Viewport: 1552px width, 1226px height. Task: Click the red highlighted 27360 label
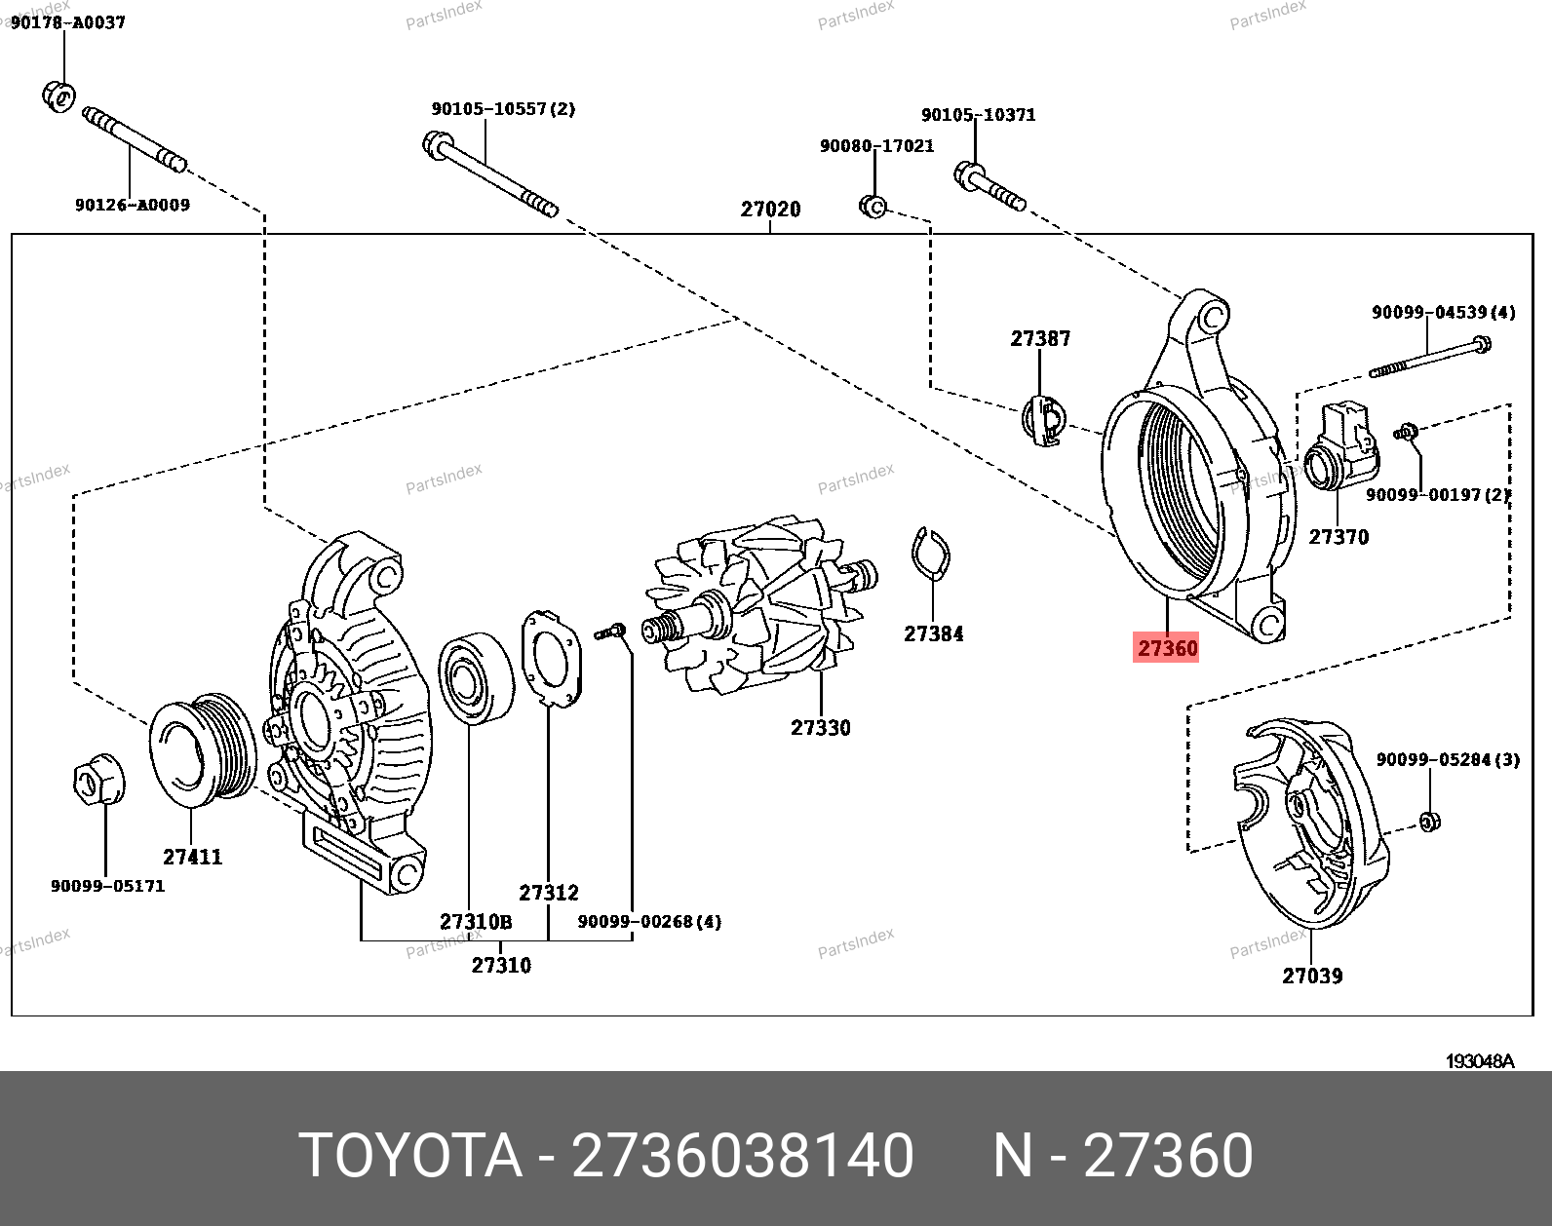point(1166,648)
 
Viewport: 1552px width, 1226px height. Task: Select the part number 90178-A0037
point(68,22)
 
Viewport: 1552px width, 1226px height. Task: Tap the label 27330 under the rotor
point(820,728)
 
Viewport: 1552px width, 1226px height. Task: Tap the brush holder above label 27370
point(1341,448)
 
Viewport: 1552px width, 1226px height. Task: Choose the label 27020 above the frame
point(770,210)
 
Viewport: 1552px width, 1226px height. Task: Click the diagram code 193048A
point(1479,1061)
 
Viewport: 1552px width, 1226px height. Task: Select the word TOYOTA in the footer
point(409,1156)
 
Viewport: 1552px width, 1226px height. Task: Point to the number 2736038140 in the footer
point(742,1156)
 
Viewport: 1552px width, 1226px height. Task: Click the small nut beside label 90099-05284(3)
point(1428,821)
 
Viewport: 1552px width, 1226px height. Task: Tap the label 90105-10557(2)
point(503,109)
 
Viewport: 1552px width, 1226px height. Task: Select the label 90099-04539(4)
point(1443,313)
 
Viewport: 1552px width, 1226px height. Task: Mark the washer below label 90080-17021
point(873,207)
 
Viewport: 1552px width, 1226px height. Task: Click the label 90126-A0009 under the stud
point(132,206)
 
